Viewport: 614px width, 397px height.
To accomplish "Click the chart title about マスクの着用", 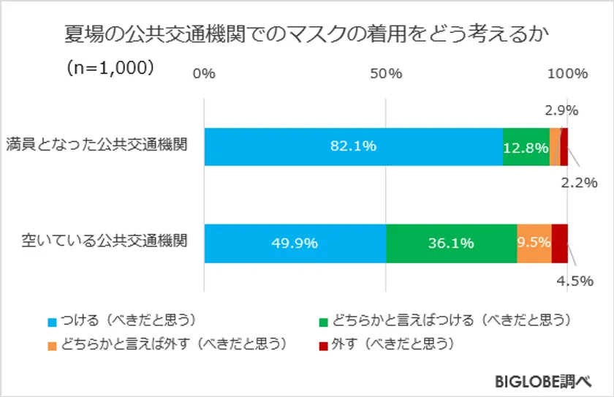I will click(x=307, y=34).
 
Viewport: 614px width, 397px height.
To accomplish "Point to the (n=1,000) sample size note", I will click(x=109, y=67).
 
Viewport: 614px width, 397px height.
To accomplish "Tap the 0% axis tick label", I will click(x=204, y=73).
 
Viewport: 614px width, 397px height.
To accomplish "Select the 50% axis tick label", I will click(x=386, y=73).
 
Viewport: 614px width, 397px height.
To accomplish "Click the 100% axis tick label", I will click(x=568, y=73).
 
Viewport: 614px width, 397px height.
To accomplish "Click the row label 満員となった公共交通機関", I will click(x=96, y=144).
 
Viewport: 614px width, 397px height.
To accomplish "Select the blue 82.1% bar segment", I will click(x=353, y=146).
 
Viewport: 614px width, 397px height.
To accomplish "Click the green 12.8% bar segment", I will click(x=526, y=147).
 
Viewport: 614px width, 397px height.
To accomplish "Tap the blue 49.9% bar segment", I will click(x=295, y=243).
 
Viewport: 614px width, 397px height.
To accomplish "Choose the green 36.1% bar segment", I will click(x=451, y=243).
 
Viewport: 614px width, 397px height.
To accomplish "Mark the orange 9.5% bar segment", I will click(x=534, y=243).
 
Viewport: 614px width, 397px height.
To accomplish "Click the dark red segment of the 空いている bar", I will click(x=560, y=243).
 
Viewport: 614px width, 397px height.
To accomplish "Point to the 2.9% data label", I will click(x=561, y=111).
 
